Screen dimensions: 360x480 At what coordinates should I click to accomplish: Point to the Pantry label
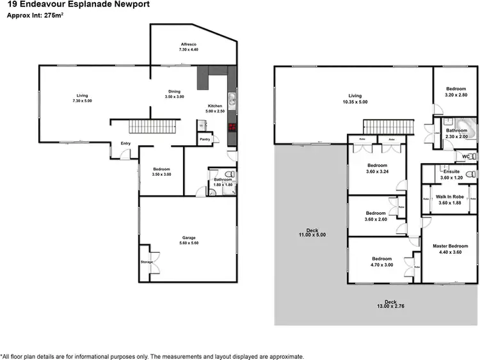(205, 139)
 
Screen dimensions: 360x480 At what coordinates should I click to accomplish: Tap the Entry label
(125, 143)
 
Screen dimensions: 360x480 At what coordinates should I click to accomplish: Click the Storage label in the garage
(147, 262)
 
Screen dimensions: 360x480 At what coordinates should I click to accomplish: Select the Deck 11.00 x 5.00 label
(312, 232)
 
